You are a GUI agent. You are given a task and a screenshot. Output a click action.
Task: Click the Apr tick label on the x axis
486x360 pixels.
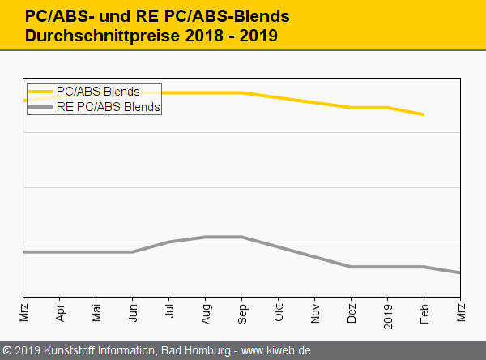(61, 311)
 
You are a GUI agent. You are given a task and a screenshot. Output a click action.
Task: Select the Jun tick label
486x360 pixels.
(134, 311)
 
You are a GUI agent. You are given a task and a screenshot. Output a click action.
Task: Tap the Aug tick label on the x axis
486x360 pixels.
(206, 311)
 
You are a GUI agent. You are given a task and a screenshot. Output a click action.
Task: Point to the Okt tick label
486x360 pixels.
(279, 311)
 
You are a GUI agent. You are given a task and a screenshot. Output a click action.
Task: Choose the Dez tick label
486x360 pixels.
(352, 311)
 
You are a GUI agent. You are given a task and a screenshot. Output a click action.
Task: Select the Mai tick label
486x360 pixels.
(97, 311)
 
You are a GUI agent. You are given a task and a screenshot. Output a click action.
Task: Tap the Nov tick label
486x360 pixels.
(315, 311)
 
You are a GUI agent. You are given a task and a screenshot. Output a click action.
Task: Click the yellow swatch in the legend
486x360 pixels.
(40, 92)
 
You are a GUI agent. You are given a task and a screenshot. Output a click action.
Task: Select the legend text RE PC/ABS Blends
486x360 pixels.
(109, 106)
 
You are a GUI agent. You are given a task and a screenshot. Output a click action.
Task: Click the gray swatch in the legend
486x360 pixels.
(40, 106)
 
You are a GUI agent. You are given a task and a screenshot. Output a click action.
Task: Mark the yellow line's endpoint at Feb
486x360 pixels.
(424, 115)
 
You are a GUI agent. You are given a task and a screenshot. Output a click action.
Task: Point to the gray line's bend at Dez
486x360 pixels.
(352, 267)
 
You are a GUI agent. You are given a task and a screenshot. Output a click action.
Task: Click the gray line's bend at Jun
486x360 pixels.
(134, 251)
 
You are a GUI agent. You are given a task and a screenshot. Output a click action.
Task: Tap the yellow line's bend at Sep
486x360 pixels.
(242, 92)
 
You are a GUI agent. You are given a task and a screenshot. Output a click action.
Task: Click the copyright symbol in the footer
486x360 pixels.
(7, 351)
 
